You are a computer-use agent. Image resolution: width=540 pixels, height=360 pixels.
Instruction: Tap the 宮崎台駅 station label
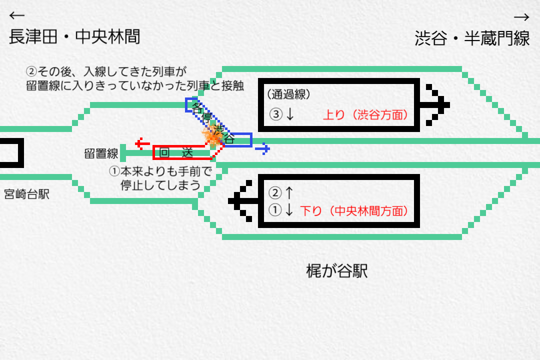[26, 194]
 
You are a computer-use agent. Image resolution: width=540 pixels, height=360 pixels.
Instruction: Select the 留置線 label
[101, 153]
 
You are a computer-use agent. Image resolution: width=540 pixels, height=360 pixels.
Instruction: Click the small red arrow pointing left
[143, 144]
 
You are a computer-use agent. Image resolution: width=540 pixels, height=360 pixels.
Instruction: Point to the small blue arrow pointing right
[262, 148]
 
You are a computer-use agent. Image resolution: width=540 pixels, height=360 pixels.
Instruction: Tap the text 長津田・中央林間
[74, 36]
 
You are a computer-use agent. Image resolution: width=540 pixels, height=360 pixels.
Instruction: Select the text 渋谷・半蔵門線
[472, 38]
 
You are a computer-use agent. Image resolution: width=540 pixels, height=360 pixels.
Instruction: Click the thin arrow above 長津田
[17, 15]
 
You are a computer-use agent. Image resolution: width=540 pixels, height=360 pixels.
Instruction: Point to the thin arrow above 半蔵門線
[521, 17]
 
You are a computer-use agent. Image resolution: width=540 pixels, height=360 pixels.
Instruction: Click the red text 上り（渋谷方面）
[365, 115]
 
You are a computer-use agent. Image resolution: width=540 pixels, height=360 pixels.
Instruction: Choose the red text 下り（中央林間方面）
[353, 211]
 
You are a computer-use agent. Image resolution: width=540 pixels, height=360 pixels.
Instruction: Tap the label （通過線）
[289, 93]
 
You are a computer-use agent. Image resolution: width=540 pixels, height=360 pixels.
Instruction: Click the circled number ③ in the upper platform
[276, 115]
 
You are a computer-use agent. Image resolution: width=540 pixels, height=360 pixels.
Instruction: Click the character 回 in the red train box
[163, 152]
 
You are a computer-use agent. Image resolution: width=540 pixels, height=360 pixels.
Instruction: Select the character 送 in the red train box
[187, 152]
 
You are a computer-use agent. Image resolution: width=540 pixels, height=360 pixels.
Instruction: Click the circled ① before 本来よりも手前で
[114, 171]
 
